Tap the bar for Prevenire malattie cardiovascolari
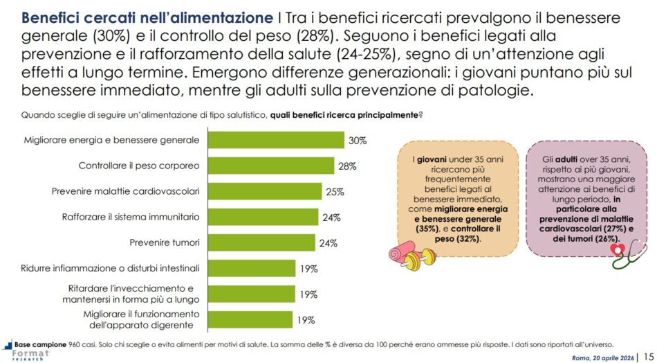click(x=265, y=191)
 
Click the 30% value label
click(x=358, y=140)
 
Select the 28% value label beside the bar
click(x=347, y=166)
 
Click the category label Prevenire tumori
click(x=165, y=242)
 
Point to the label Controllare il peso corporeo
click(x=139, y=166)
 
